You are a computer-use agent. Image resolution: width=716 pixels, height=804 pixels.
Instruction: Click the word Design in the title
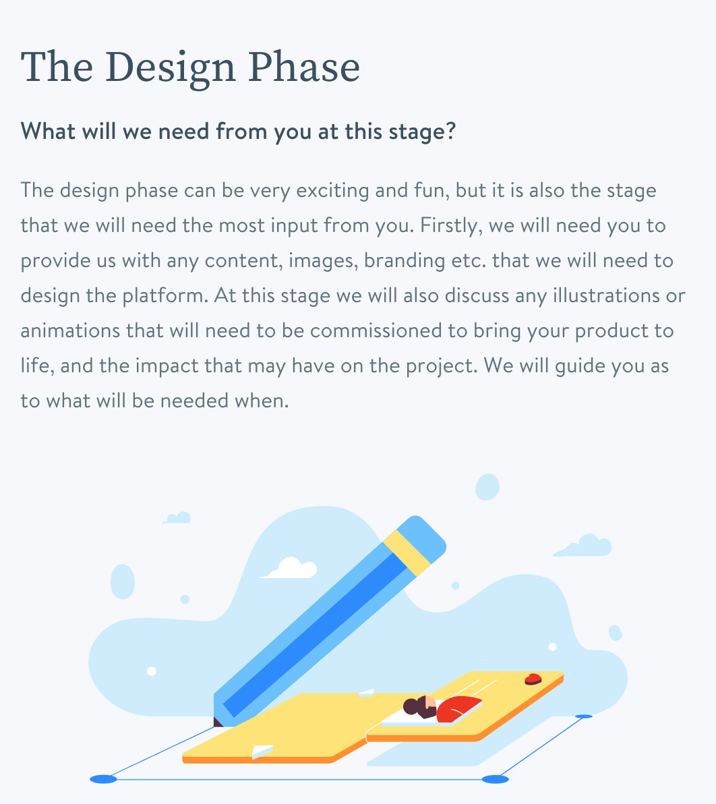coord(170,68)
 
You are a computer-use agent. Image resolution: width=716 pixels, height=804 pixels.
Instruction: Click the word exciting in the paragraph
coord(332,191)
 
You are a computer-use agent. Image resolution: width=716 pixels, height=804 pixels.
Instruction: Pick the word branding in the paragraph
coord(405,261)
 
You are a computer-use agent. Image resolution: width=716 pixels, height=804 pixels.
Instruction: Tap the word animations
coord(70,331)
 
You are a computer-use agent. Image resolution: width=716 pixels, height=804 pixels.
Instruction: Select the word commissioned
coord(376,331)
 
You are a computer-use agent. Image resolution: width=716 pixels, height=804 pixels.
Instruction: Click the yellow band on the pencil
coord(407,553)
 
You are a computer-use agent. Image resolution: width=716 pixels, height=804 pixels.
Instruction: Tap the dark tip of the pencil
coord(217,722)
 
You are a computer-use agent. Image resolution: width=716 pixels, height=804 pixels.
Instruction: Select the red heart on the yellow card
coord(533,679)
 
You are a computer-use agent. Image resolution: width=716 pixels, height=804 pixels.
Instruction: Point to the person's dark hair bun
coord(411,707)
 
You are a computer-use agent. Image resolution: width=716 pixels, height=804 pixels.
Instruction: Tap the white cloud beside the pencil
coord(289,568)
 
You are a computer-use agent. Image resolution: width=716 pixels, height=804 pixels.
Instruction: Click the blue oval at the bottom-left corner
coord(104,780)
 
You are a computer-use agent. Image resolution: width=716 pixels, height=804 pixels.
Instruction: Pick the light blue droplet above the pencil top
coord(487,486)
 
